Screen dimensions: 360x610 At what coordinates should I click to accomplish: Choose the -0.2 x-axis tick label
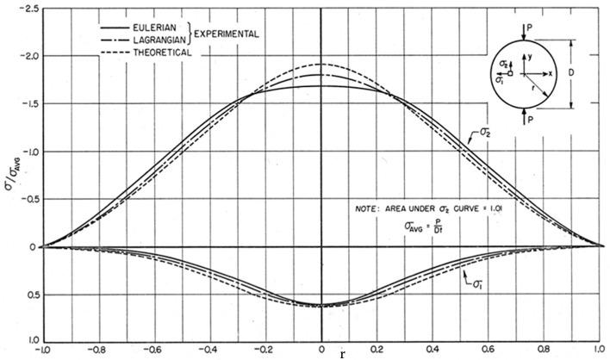pyautogui.click(x=265, y=350)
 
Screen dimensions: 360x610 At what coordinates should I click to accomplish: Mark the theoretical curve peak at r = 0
pyautogui.click(x=321, y=65)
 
